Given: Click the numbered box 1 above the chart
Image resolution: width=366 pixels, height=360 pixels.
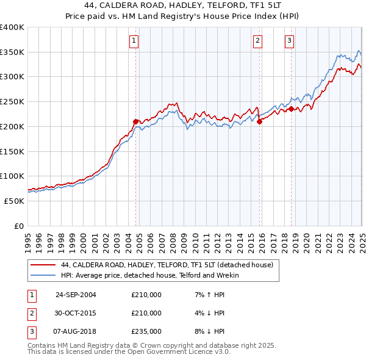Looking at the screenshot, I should tap(133, 41).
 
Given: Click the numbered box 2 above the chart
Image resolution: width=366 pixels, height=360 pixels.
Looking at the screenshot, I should tap(257, 41).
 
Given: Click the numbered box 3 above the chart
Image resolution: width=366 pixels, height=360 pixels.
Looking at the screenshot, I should tap(289, 41).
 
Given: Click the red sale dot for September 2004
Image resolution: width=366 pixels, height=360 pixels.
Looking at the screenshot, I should tap(136, 121).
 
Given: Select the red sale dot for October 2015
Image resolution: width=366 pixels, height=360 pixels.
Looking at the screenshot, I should tap(260, 121).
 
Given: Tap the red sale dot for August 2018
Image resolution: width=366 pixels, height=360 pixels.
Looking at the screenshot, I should tap(291, 109).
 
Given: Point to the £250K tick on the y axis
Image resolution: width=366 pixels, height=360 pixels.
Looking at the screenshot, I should tap(12, 101).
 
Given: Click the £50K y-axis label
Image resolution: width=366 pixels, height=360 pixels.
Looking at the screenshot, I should tap(13, 201).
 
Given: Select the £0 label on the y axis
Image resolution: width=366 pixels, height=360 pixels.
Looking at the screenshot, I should tap(18, 226).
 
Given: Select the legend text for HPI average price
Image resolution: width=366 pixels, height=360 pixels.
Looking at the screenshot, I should tap(150, 276).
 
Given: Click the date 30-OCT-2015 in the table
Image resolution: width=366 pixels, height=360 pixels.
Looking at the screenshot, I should tap(76, 313).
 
